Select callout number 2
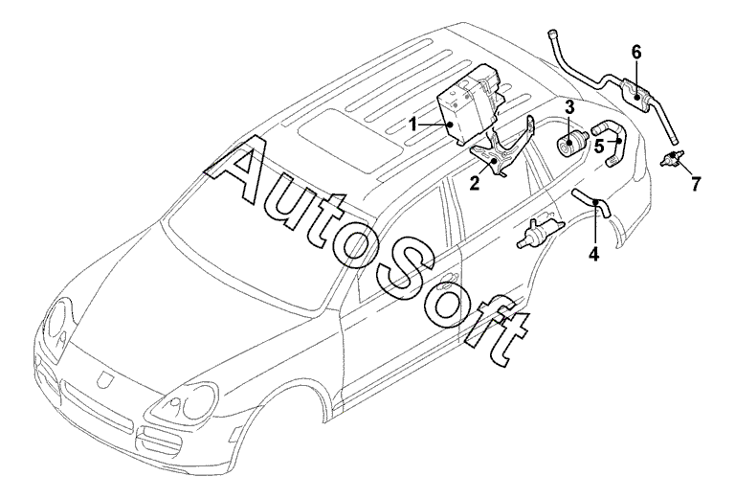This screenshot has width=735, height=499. (x=473, y=183)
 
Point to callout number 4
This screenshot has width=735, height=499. (x=593, y=255)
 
